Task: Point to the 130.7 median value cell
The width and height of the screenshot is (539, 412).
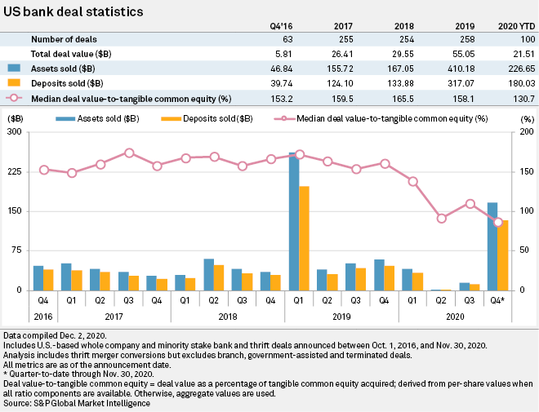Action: pos(520,99)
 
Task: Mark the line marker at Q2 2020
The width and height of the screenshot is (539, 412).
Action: pos(442,218)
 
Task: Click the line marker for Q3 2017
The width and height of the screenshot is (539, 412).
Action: pos(129,153)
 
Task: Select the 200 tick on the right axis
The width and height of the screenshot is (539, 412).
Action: pos(525,131)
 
